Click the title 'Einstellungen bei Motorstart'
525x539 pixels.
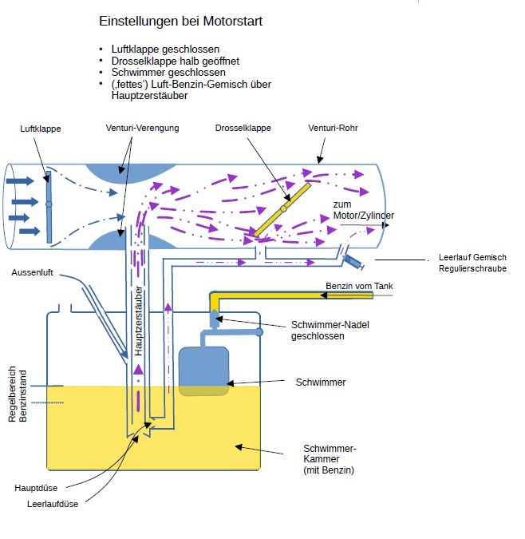pyautogui.click(x=180, y=22)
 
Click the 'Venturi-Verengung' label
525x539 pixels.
pyautogui.click(x=142, y=128)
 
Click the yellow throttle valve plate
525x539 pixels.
pyautogui.click(x=282, y=208)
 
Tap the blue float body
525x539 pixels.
pyautogui.click(x=205, y=371)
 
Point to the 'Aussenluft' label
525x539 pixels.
pyautogui.click(x=32, y=273)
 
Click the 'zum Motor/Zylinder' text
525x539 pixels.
pyautogui.click(x=364, y=211)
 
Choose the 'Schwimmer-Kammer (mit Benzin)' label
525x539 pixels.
pyautogui.click(x=329, y=459)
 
